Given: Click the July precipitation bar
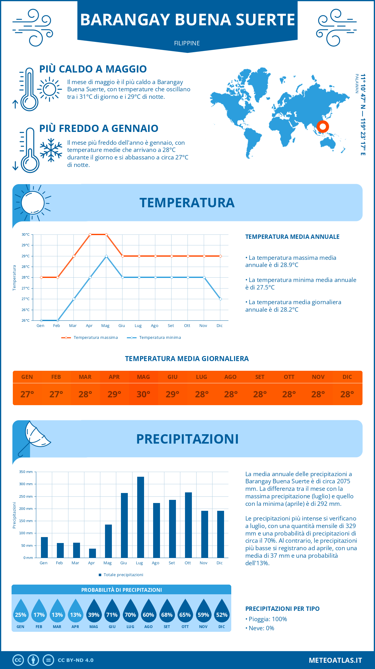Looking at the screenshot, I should coord(141,517).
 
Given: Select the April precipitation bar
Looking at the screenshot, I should coord(92,553).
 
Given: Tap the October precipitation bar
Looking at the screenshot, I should coord(188,525).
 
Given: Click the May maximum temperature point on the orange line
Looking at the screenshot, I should coord(106,234).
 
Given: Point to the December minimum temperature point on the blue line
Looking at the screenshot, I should coord(220,299).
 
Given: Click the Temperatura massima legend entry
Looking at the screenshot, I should coord(90,338).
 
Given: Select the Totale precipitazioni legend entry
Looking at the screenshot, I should coord(121,575).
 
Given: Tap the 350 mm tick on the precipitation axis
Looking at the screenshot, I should coord(26,472).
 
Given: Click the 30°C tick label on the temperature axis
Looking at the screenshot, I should coord(26,234).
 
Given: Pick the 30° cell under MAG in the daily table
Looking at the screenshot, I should coord(143,394).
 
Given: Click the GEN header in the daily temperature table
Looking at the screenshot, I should coord(27,377).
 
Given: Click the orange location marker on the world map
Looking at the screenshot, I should coord(322,127).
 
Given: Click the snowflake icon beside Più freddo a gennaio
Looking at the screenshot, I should coord(51,150).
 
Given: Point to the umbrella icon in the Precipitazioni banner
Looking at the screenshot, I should coord(36,436).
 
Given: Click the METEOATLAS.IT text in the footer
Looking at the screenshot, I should coord(335,660).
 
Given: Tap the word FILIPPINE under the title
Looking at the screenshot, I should coord(187,43).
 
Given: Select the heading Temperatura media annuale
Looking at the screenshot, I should coord(292,237).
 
